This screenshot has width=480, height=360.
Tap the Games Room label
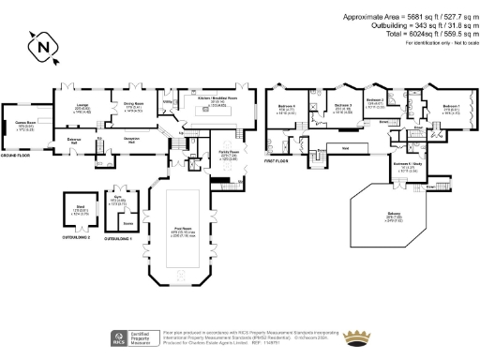coord(23,122)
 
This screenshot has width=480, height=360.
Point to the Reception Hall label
coord(140,139)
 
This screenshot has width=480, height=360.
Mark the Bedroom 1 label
coord(452,107)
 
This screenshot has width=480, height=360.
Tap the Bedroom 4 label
coord(287,108)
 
